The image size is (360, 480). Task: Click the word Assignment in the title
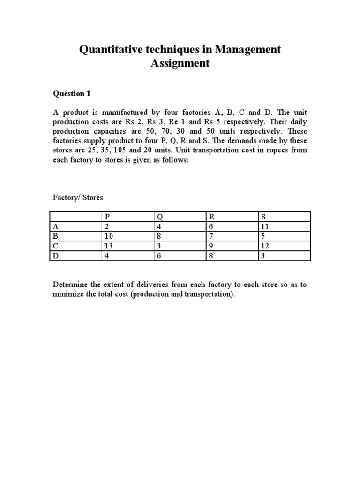[x=180, y=63]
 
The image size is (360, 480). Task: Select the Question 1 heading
[x=71, y=94]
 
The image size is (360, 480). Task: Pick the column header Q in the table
[x=161, y=217]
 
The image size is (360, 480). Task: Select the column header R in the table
[x=212, y=217]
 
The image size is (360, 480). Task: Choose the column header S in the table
[x=263, y=217]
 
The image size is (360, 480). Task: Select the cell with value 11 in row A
[x=265, y=226]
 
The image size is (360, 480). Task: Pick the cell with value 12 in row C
[x=265, y=246]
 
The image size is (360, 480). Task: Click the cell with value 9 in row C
[x=212, y=246]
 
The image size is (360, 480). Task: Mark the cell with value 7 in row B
[x=212, y=236]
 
